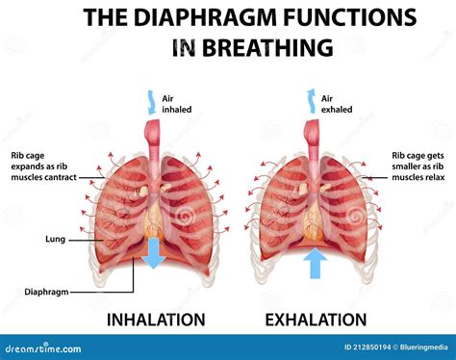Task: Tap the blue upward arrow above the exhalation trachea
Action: click(x=311, y=97)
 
